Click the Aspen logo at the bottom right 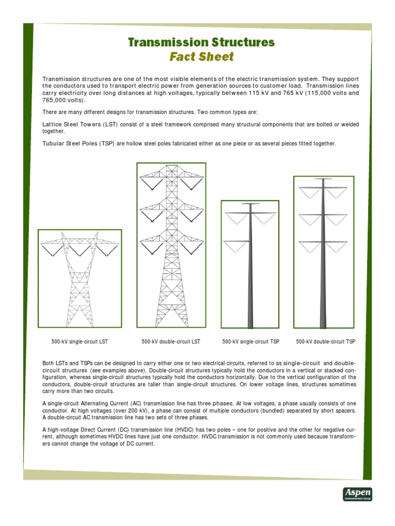coord(357,494)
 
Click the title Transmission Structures coord(202,42)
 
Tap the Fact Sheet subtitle coord(202,57)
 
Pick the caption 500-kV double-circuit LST coord(171,342)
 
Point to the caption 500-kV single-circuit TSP coord(249,342)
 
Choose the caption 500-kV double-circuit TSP coord(326,342)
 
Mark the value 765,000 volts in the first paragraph coord(59,101)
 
